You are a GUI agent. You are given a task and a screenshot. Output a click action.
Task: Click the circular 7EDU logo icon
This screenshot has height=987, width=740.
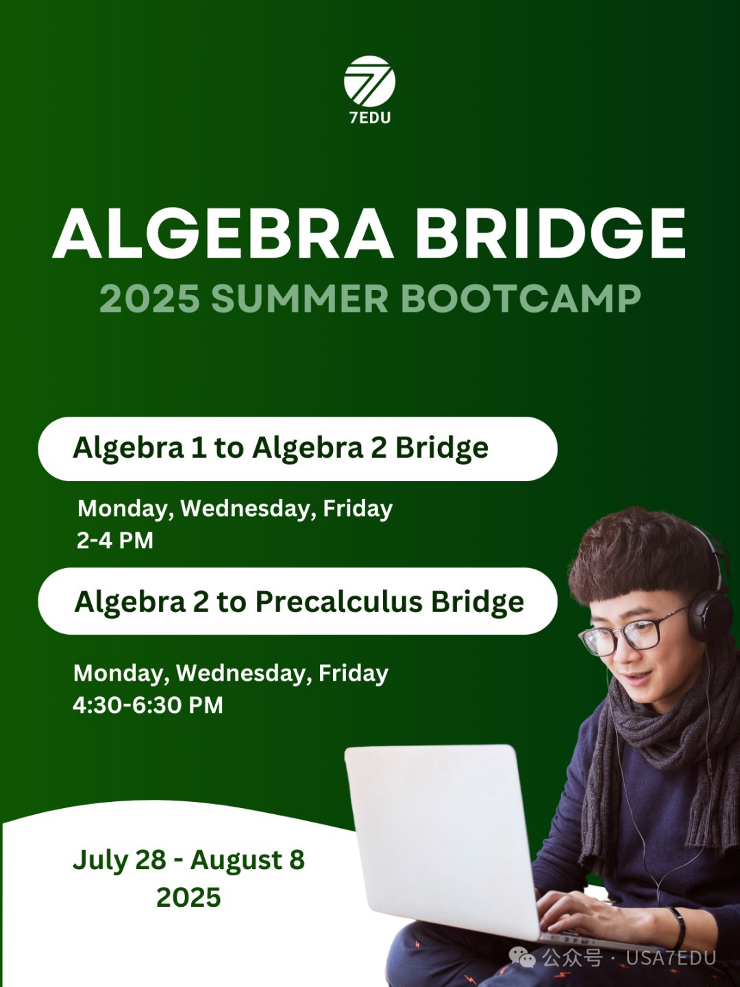(369, 82)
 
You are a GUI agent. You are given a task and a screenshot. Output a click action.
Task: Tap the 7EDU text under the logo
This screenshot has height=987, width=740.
(370, 118)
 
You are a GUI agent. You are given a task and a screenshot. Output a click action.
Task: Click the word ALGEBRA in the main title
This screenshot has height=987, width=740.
(223, 234)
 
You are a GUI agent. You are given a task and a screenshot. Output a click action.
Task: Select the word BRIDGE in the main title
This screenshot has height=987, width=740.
(550, 234)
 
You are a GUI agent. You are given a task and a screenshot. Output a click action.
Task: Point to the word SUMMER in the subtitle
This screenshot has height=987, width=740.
(299, 299)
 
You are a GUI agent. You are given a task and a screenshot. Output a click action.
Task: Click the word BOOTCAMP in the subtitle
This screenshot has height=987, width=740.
(521, 299)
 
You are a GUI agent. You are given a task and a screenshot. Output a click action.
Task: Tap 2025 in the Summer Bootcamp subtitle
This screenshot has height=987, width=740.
(149, 299)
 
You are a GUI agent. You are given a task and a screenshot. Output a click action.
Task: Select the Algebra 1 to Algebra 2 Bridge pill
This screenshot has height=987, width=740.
(297, 449)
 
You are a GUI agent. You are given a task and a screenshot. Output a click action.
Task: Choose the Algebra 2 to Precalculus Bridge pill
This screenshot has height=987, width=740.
(297, 601)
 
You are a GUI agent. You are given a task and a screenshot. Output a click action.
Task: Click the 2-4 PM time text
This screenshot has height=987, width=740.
(115, 540)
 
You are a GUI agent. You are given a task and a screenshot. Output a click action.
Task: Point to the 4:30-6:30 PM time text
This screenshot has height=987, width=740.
(148, 705)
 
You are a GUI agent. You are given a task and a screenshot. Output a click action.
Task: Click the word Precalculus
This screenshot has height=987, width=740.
(339, 602)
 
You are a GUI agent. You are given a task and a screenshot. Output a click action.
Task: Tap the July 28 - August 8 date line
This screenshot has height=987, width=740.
(188, 860)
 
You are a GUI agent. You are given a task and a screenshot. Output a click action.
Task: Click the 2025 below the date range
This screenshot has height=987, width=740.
(188, 897)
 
